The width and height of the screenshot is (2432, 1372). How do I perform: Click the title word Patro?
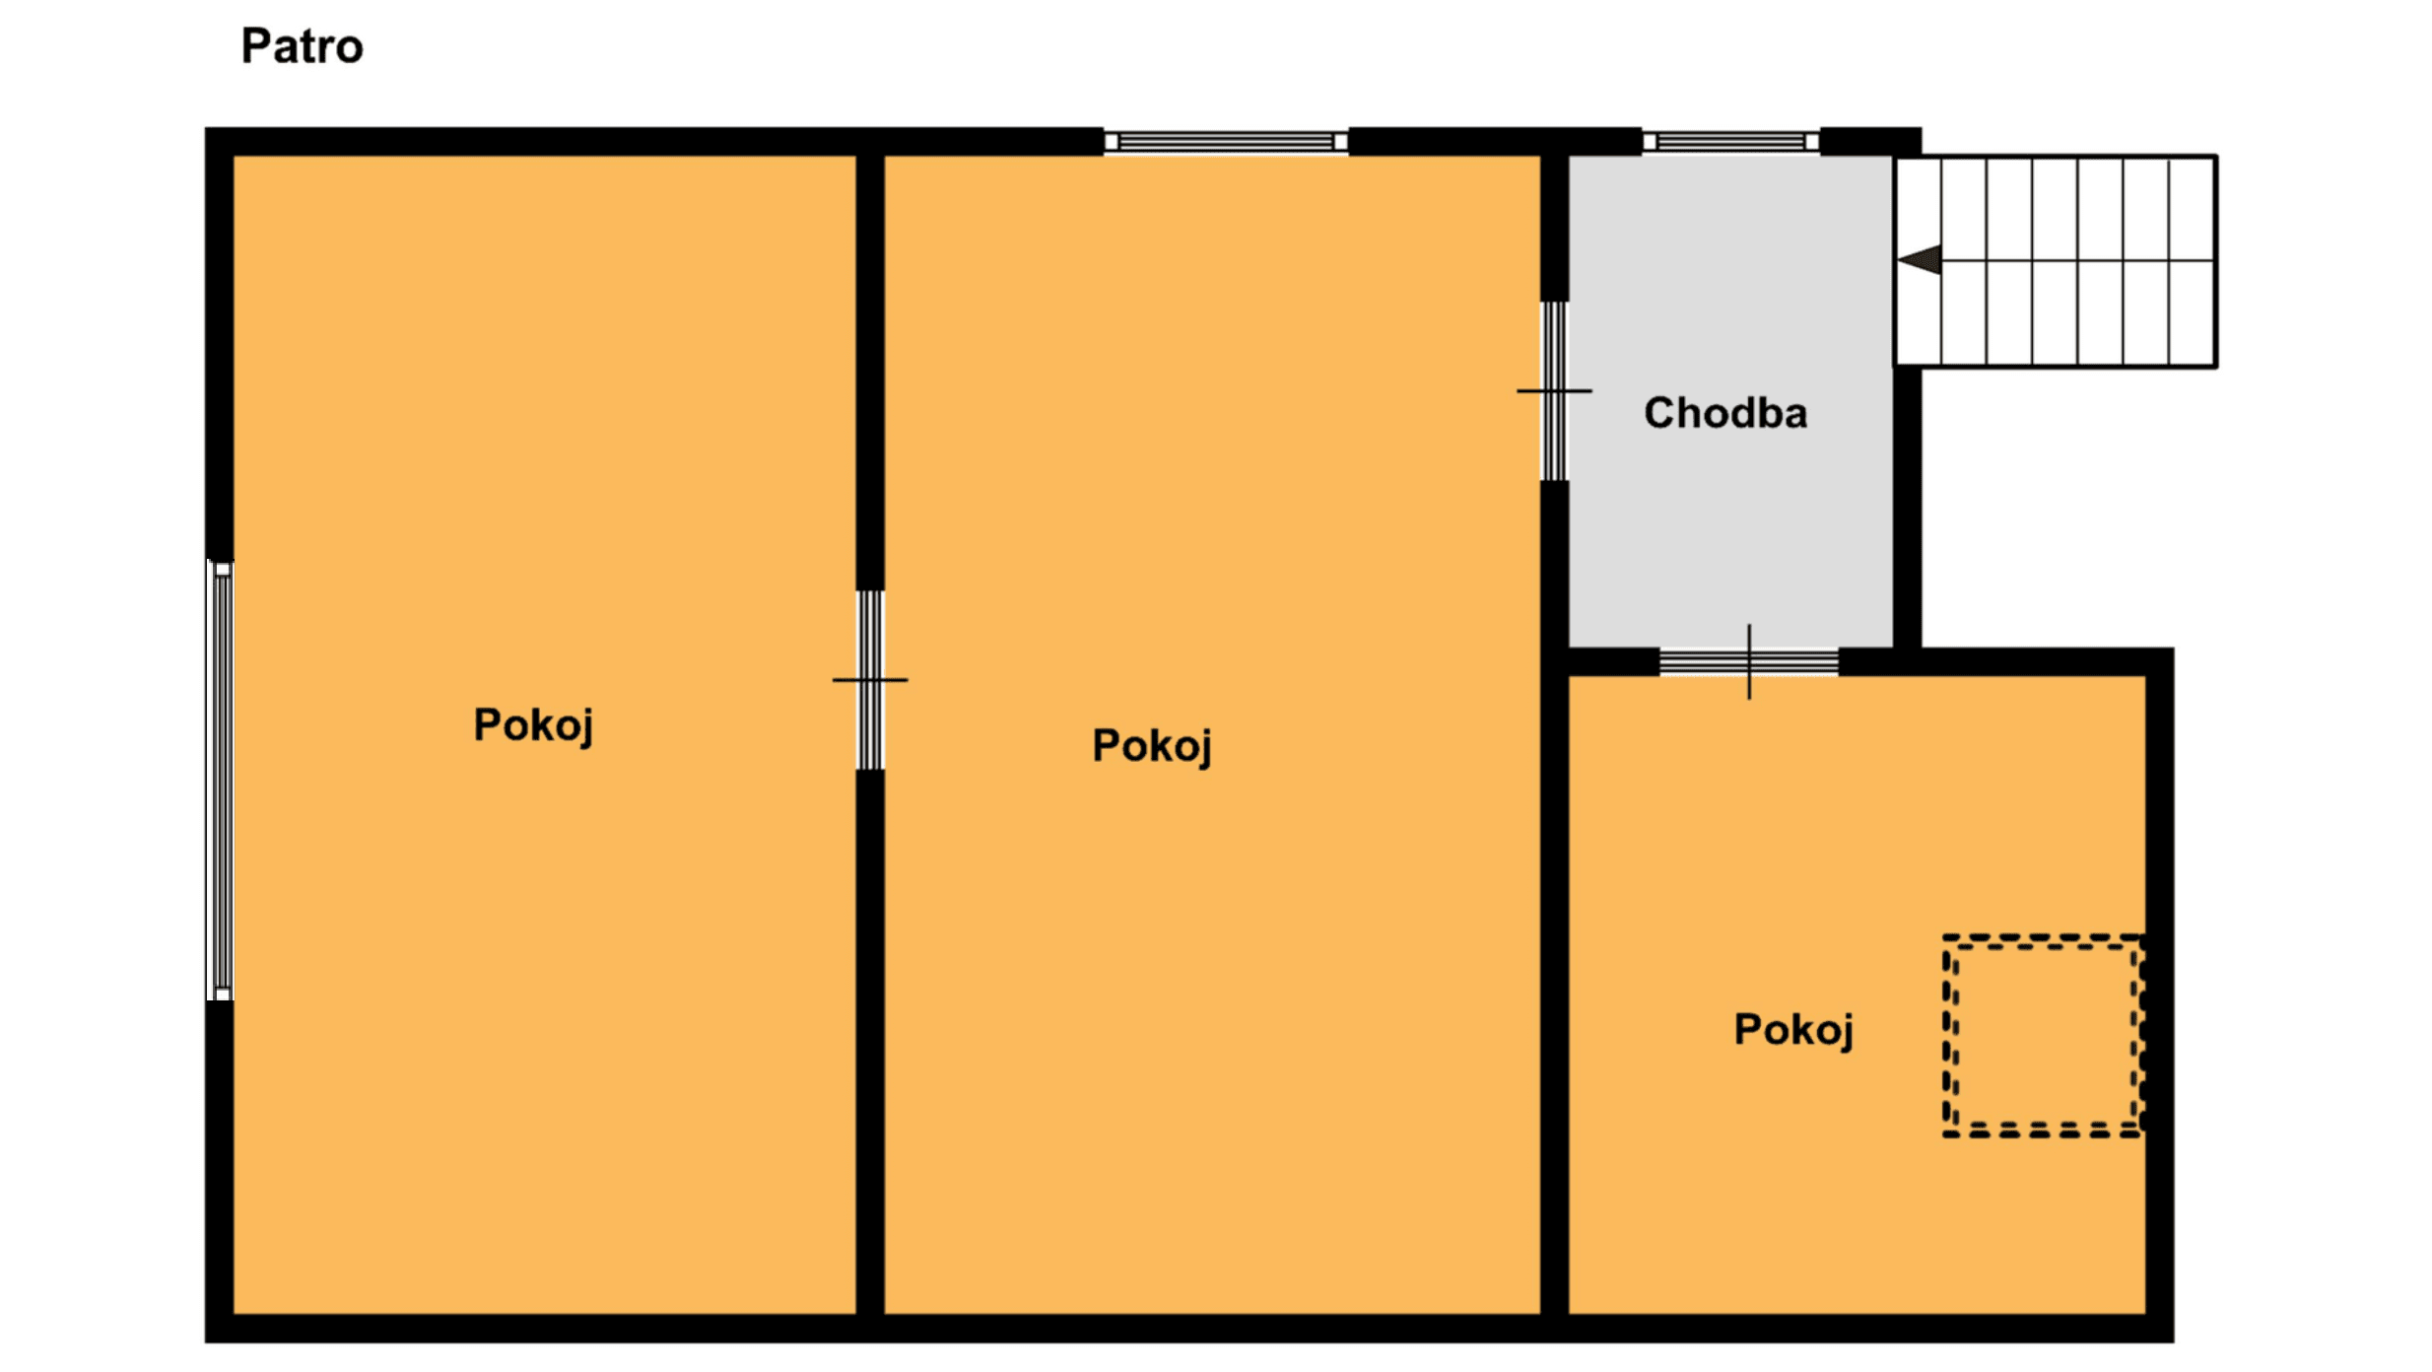pyautogui.click(x=303, y=46)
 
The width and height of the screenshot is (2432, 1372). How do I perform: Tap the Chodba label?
pyautogui.click(x=1725, y=413)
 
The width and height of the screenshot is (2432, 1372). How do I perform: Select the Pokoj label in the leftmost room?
pyautogui.click(x=533, y=726)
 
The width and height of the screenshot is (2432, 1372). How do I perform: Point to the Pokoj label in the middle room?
pyautogui.click(x=1152, y=747)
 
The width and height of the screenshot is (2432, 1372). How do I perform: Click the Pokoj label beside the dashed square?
pyautogui.click(x=1793, y=1031)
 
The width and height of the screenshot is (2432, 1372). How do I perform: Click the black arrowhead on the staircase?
pyautogui.click(x=1920, y=260)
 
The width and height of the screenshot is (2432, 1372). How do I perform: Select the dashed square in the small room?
pyautogui.click(x=2044, y=936)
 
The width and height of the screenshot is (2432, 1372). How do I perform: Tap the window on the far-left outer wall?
pyautogui.click(x=221, y=781)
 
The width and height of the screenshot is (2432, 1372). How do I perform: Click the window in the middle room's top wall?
pyautogui.click(x=1226, y=142)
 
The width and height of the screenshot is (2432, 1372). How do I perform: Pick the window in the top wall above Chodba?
pyautogui.click(x=1730, y=142)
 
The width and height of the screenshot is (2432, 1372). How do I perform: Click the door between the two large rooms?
pyautogui.click(x=870, y=680)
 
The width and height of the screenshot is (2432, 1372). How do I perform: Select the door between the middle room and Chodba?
pyautogui.click(x=1554, y=391)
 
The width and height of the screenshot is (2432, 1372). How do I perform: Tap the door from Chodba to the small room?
pyautogui.click(x=1749, y=661)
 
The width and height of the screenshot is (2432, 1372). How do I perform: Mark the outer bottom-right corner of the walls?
pyautogui.click(x=2174, y=1342)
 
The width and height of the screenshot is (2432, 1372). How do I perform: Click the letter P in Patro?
pyautogui.click(x=256, y=46)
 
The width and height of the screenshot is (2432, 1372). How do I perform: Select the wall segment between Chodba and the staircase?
pyautogui.click(x=1908, y=508)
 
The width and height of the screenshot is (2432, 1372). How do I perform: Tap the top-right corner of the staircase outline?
pyautogui.click(x=2217, y=156)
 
